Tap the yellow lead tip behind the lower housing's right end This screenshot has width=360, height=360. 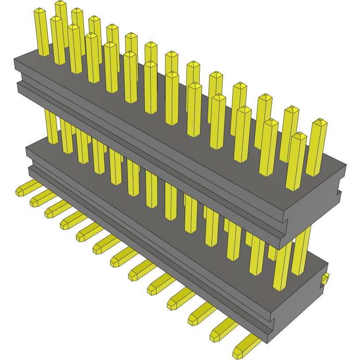(x=326, y=278)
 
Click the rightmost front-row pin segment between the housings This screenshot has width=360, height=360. (x=281, y=269)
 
